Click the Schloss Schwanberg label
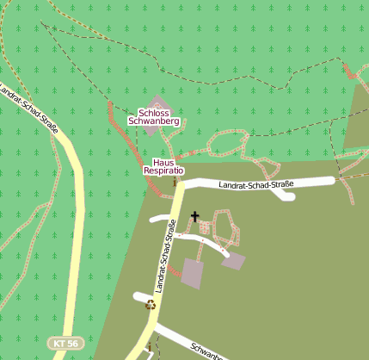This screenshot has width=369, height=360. (x=153, y=117)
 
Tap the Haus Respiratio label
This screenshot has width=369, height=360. (x=163, y=167)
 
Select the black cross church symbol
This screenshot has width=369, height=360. (x=194, y=217)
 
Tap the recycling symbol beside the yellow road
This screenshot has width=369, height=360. (x=151, y=303)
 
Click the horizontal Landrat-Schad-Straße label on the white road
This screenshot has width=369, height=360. (x=255, y=184)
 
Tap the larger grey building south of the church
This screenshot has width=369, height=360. (x=193, y=274)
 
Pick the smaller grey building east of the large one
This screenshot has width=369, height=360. (x=233, y=260)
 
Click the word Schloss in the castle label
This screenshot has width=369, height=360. (x=154, y=113)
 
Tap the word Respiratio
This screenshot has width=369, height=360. (x=163, y=171)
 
